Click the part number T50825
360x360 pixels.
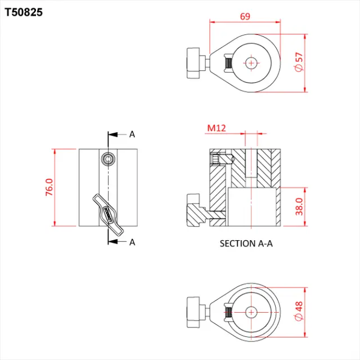23,11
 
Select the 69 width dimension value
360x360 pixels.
245,16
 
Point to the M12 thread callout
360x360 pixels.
216,128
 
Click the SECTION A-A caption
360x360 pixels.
245,244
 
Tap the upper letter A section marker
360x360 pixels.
132,134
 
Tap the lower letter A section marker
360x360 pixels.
132,242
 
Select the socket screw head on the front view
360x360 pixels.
107,160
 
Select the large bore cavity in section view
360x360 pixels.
254,206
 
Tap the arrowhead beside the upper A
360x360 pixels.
112,135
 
